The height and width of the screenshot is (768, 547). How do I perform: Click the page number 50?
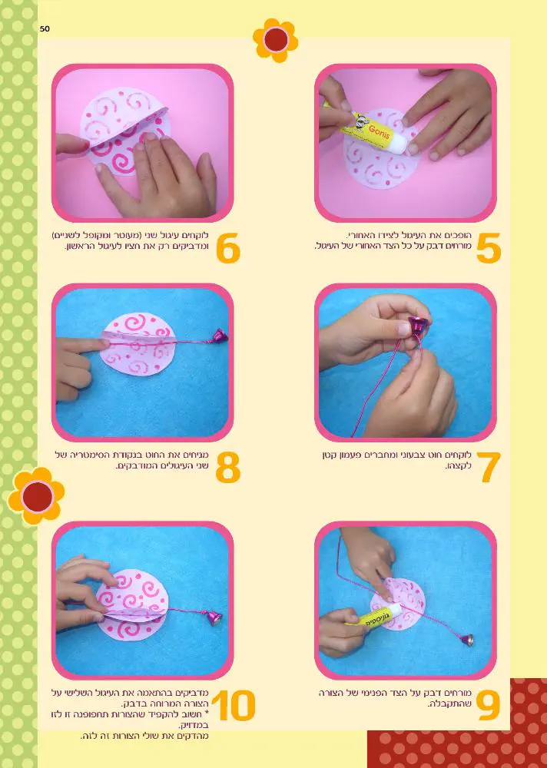coord(45,29)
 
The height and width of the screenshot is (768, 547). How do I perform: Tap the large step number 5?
coord(488,248)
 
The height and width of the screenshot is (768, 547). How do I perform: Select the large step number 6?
coord(228,248)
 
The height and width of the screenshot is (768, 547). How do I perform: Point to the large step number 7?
coord(488,467)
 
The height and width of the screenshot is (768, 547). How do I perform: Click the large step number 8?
coord(228,467)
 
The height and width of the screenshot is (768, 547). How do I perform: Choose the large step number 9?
coord(488,705)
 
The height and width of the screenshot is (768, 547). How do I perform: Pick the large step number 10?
coord(234,705)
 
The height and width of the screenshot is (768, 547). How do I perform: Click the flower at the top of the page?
coord(276,40)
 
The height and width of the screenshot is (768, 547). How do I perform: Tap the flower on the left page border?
coord(36,496)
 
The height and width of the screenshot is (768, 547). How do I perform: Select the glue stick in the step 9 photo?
coord(376,616)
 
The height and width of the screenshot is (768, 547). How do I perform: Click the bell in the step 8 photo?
coord(220,336)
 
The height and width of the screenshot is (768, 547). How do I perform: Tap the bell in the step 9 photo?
coord(468,640)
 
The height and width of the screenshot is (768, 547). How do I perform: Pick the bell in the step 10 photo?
coord(214,617)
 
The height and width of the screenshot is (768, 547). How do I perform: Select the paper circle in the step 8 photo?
coord(138,344)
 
